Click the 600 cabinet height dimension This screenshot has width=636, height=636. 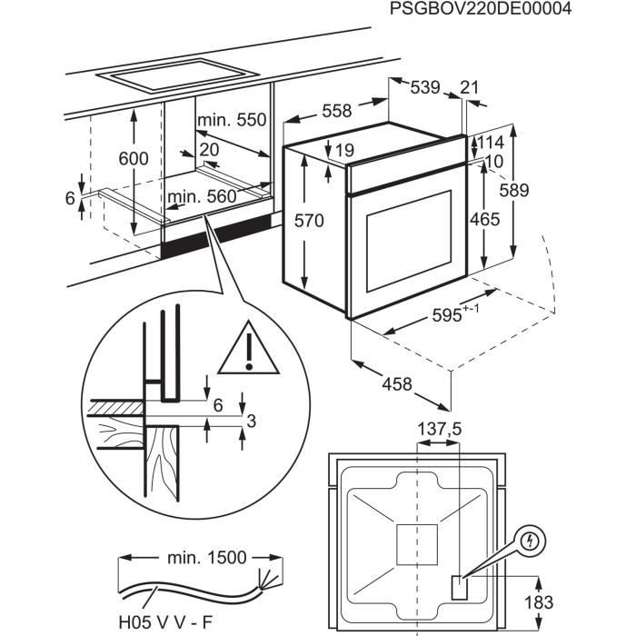(x=134, y=158)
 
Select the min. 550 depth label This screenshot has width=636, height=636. (x=233, y=120)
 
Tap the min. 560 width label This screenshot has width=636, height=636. (x=201, y=195)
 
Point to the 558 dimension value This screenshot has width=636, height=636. (x=336, y=111)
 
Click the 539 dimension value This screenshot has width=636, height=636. (x=425, y=87)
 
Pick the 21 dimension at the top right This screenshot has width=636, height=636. (x=469, y=87)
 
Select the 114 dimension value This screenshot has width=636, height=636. (x=492, y=144)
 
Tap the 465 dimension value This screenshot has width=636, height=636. (x=484, y=219)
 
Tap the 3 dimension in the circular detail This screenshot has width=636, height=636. (x=251, y=420)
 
